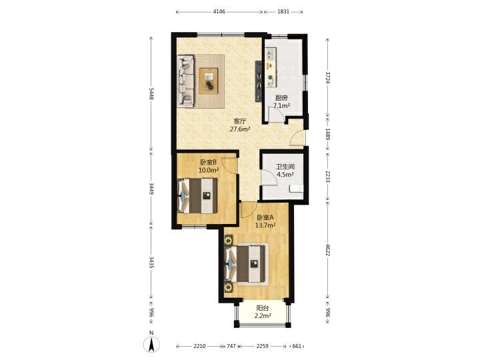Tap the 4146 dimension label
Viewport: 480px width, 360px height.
(219, 11)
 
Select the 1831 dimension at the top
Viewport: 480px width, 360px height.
(283, 11)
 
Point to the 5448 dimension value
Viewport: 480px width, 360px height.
(151, 94)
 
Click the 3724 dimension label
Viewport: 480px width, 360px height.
(327, 78)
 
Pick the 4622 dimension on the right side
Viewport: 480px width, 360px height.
(327, 250)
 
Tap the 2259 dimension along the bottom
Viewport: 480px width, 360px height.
(263, 346)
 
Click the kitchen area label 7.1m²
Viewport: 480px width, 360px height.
(281, 106)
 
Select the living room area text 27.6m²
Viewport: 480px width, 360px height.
(240, 129)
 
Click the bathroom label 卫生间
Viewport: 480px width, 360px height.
(285, 167)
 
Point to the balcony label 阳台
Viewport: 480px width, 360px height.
(263, 308)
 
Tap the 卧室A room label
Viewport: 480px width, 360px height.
(265, 217)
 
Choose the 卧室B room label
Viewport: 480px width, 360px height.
(209, 162)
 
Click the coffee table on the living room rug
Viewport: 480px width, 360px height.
(209, 81)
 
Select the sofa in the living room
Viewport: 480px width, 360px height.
(185, 81)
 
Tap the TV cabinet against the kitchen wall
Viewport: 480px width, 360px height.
(259, 81)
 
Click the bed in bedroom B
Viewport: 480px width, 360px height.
(197, 195)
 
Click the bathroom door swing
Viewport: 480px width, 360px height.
(269, 177)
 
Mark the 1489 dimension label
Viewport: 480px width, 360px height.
(327, 134)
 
